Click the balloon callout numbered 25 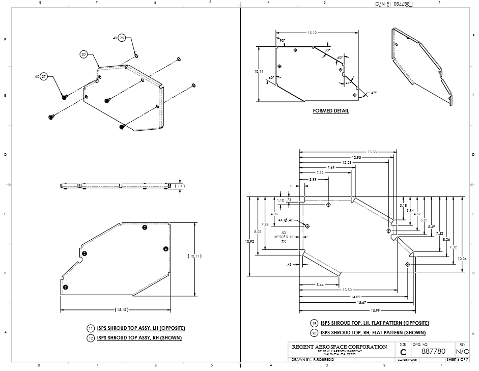(122, 38)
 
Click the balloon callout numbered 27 (44, 76)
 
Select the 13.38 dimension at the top (372, 152)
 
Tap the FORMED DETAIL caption (331, 111)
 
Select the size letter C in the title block (403, 352)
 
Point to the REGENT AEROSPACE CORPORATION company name (340, 347)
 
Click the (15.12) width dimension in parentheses (121, 310)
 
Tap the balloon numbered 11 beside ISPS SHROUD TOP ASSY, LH (91, 328)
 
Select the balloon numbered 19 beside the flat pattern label (315, 323)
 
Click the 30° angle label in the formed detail (327, 50)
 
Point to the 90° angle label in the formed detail (282, 40)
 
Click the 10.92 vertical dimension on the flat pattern (250, 241)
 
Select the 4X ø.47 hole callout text (284, 220)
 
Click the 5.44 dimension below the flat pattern (320, 284)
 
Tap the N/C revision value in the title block (462, 351)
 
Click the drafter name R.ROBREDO (323, 359)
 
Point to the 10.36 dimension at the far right (462, 259)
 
